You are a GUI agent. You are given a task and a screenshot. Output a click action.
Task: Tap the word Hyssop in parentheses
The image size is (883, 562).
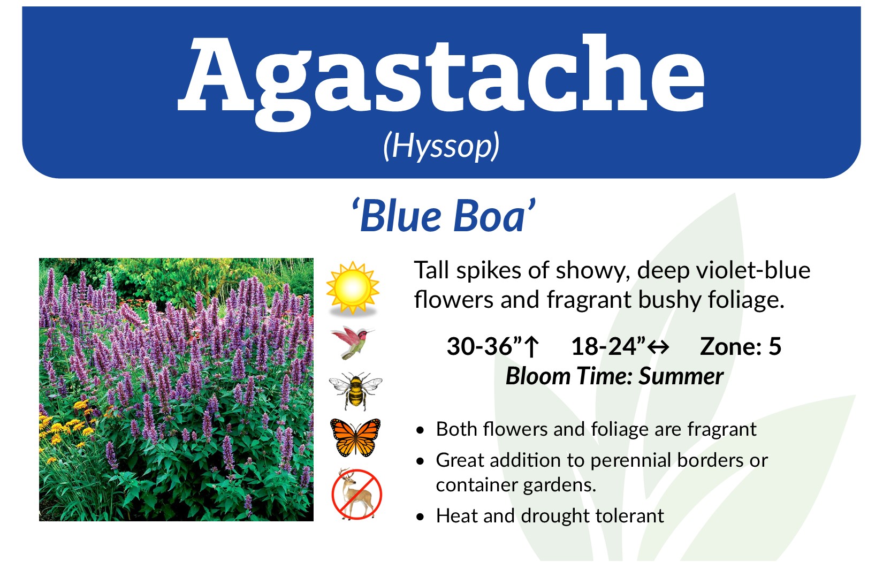pyautogui.click(x=441, y=147)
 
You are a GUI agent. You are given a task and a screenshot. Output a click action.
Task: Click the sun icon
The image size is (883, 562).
pyautogui.click(x=353, y=288)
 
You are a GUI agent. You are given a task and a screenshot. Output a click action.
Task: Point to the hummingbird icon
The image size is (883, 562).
pyautogui.click(x=352, y=343)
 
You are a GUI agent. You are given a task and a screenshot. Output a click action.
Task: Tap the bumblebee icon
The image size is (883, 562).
pyautogui.click(x=355, y=390)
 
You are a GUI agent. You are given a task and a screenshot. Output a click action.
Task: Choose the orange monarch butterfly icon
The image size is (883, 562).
pyautogui.click(x=355, y=437)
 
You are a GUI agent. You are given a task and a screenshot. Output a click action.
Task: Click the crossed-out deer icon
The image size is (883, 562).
pyautogui.click(x=356, y=494)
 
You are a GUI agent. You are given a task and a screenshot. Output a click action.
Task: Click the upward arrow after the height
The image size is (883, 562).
pyautogui.click(x=532, y=347)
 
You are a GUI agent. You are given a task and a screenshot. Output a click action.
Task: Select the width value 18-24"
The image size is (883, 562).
pyautogui.click(x=608, y=347)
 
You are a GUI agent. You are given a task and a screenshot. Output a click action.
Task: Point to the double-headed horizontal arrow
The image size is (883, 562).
pyautogui.click(x=658, y=347)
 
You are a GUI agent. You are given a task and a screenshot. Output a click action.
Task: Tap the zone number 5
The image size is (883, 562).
pyautogui.click(x=774, y=347)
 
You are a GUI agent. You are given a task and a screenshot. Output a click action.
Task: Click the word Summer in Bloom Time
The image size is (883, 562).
pyautogui.click(x=681, y=376)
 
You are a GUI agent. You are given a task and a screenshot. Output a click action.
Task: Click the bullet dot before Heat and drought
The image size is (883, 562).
pyautogui.click(x=421, y=517)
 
